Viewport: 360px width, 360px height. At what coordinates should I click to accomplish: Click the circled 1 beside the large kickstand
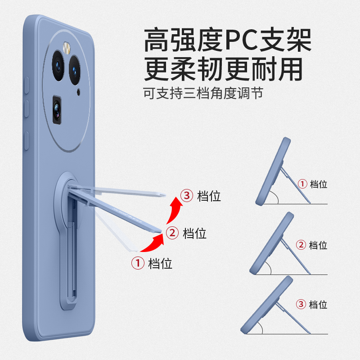click(137, 263)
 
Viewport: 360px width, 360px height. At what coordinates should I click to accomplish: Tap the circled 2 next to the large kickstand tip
click(171, 233)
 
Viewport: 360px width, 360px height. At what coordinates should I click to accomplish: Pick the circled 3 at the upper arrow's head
click(186, 196)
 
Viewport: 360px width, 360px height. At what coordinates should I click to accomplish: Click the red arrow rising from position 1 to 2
click(152, 243)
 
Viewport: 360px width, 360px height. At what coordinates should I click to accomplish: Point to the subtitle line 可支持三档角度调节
click(203, 93)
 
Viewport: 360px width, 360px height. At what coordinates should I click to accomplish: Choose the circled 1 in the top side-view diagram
click(302, 184)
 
